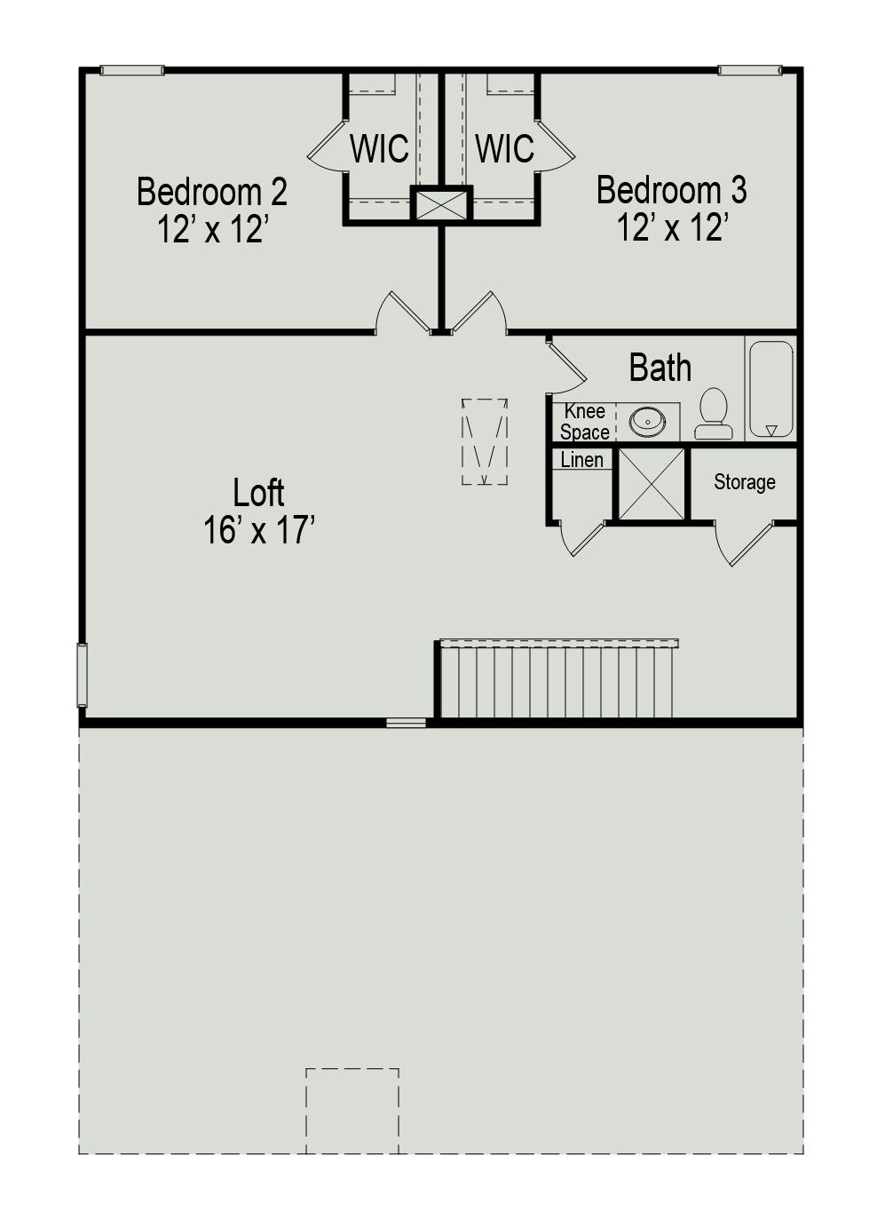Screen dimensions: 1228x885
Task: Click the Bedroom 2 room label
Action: (x=211, y=192)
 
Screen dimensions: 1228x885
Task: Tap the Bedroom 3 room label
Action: (x=671, y=190)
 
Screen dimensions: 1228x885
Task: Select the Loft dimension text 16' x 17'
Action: (x=259, y=531)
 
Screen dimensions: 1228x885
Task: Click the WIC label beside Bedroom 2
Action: (x=379, y=149)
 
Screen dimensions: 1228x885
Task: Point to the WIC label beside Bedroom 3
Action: (x=504, y=149)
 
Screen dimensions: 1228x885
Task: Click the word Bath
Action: (x=660, y=368)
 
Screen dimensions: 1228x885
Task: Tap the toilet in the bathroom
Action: (x=713, y=414)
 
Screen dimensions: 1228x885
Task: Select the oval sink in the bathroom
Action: (x=648, y=422)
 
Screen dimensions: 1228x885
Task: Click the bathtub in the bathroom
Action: (x=770, y=389)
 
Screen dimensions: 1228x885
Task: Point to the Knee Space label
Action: (x=584, y=422)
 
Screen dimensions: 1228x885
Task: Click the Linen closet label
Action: (x=581, y=460)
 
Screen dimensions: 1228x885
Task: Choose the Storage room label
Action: (x=744, y=482)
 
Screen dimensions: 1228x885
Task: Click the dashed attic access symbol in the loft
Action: (x=485, y=441)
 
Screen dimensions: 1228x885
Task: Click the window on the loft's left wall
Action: (x=82, y=675)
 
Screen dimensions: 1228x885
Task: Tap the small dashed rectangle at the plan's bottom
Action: (x=352, y=1110)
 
